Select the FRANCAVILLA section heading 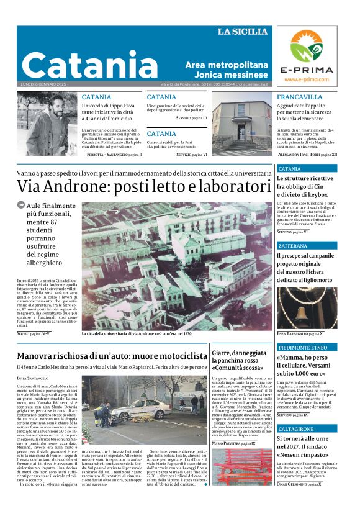click(300, 97)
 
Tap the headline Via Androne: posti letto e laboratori click(140, 186)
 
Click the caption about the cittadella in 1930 click(137, 333)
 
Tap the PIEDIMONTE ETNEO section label click(302, 347)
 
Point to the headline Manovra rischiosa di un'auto click(112, 356)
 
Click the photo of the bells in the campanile click(307, 307)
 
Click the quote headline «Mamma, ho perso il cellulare click(305, 365)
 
